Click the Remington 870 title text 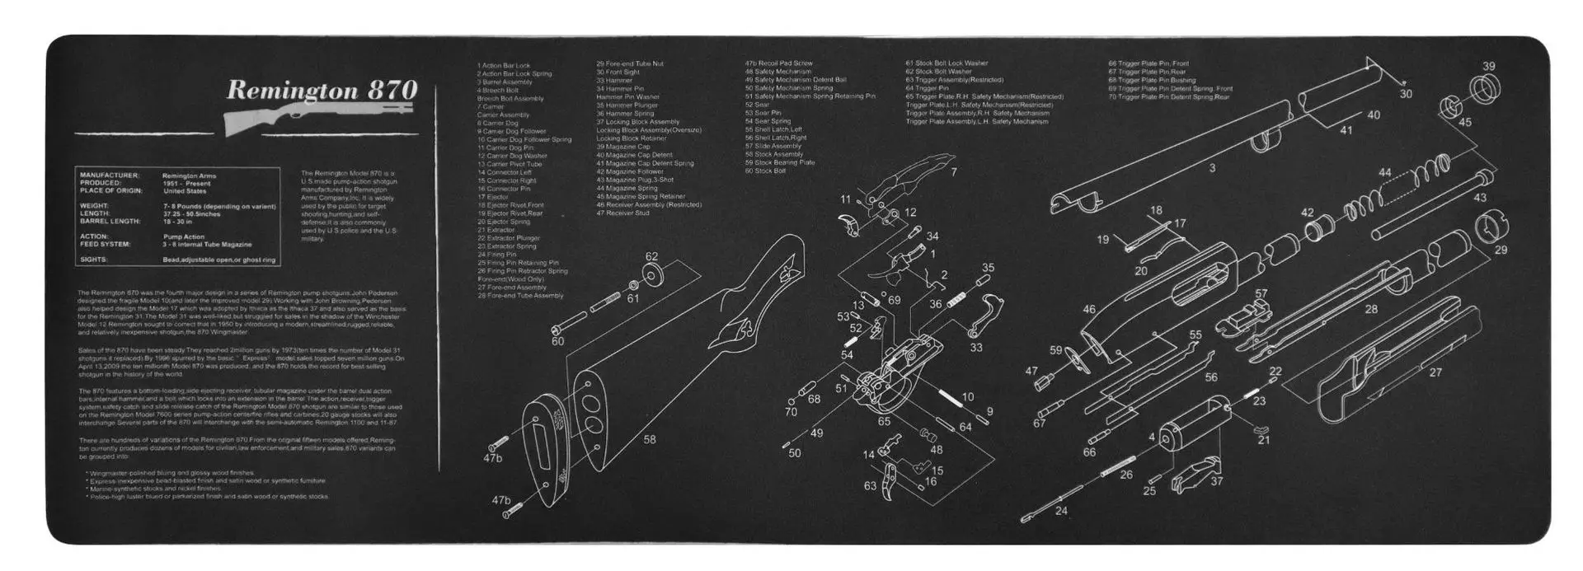tap(322, 90)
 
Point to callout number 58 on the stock tap(650, 439)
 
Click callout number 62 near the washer tap(651, 256)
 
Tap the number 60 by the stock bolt tap(557, 341)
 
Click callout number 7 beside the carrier tap(953, 172)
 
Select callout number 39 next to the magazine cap tap(1488, 67)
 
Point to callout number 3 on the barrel tap(1212, 168)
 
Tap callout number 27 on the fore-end tap(1435, 372)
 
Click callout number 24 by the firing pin tap(1061, 511)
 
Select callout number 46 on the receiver tap(1089, 310)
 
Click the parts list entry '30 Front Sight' tap(618, 72)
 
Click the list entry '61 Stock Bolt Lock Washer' tap(947, 63)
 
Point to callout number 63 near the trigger tap(870, 486)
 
